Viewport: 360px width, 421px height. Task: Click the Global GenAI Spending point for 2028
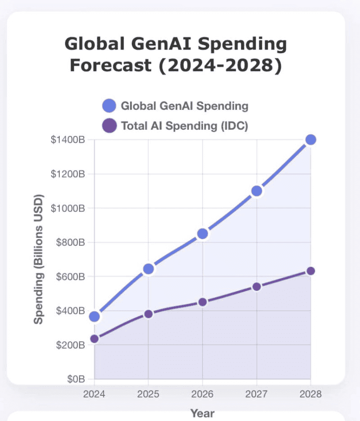[x=310, y=140]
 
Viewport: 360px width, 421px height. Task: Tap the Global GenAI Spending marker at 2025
[x=148, y=269]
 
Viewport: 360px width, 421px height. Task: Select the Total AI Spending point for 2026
[x=202, y=302]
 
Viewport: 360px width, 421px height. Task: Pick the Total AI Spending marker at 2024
[x=94, y=339]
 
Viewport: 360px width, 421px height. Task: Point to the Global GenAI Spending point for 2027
[x=256, y=191]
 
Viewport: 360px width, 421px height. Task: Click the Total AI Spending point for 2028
[x=310, y=271]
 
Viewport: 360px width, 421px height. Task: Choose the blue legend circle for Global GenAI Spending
[x=109, y=106]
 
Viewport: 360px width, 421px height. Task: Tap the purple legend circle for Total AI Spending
[x=109, y=126]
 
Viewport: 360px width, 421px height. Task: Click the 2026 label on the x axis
[x=202, y=394]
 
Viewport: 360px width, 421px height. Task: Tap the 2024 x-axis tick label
[x=94, y=394]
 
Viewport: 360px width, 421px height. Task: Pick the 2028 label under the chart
[x=310, y=394]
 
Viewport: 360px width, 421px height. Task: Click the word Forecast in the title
[x=110, y=66]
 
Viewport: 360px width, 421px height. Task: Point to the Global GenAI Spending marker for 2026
[x=202, y=234]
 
